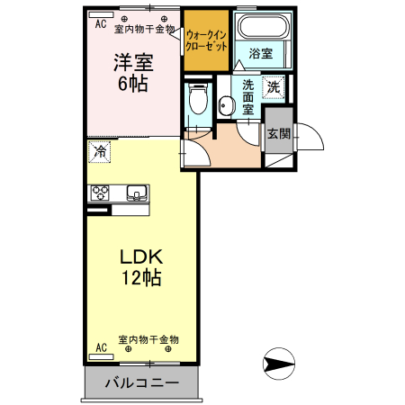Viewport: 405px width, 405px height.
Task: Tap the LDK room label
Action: point(141,256)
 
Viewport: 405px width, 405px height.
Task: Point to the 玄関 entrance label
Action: point(278,134)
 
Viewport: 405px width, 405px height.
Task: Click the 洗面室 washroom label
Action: point(248,96)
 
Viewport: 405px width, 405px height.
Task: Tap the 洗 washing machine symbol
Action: point(274,87)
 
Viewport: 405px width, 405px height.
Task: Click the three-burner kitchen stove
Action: point(99,193)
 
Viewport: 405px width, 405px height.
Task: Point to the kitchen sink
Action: point(138,192)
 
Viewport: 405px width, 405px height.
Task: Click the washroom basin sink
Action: point(225,105)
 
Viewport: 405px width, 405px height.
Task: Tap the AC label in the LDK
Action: point(101,346)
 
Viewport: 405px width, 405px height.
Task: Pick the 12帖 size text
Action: point(141,277)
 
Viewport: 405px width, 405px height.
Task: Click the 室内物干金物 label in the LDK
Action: point(148,340)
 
